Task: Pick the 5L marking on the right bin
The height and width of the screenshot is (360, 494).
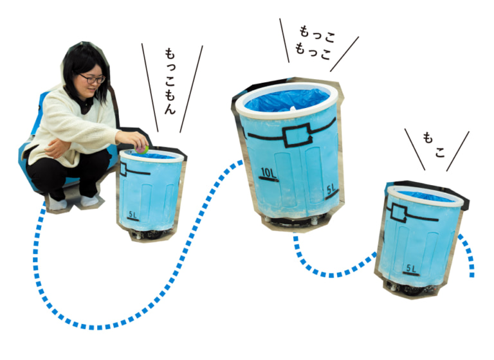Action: click(412, 267)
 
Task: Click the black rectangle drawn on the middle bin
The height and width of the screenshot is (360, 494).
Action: click(296, 136)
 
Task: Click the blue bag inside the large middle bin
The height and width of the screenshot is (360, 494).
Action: click(287, 100)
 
